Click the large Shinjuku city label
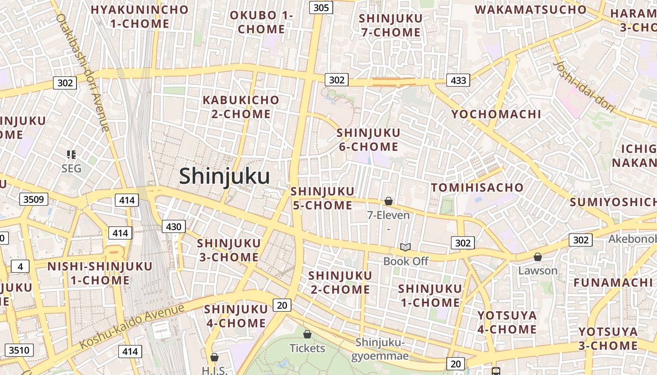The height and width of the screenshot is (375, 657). pyautogui.click(x=224, y=177)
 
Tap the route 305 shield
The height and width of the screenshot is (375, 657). pyautogui.click(x=321, y=7)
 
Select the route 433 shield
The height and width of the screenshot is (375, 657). pyautogui.click(x=458, y=80)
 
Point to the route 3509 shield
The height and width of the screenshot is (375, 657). pyautogui.click(x=34, y=199)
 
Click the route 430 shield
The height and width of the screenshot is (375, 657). pyautogui.click(x=174, y=227)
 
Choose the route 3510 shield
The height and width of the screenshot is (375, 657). pyautogui.click(x=19, y=350)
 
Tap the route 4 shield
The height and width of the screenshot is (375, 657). pyautogui.click(x=20, y=267)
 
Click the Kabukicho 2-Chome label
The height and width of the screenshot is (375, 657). pyautogui.click(x=241, y=107)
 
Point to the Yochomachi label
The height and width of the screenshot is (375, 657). pyautogui.click(x=496, y=114)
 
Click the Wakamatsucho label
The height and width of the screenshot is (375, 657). pyautogui.click(x=530, y=9)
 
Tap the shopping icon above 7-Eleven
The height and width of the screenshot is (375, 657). pyautogui.click(x=389, y=202)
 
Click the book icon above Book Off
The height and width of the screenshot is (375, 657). pyautogui.click(x=405, y=247)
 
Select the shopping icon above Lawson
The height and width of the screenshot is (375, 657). pyautogui.click(x=538, y=257)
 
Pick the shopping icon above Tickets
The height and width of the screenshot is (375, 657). pyautogui.click(x=307, y=334)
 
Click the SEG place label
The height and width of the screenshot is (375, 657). pyautogui.click(x=71, y=168)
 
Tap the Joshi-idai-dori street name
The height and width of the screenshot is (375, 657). pyautogui.click(x=584, y=87)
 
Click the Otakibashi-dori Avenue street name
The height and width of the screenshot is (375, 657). pyautogui.click(x=83, y=73)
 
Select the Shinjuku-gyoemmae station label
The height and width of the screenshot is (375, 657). pyautogui.click(x=380, y=349)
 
